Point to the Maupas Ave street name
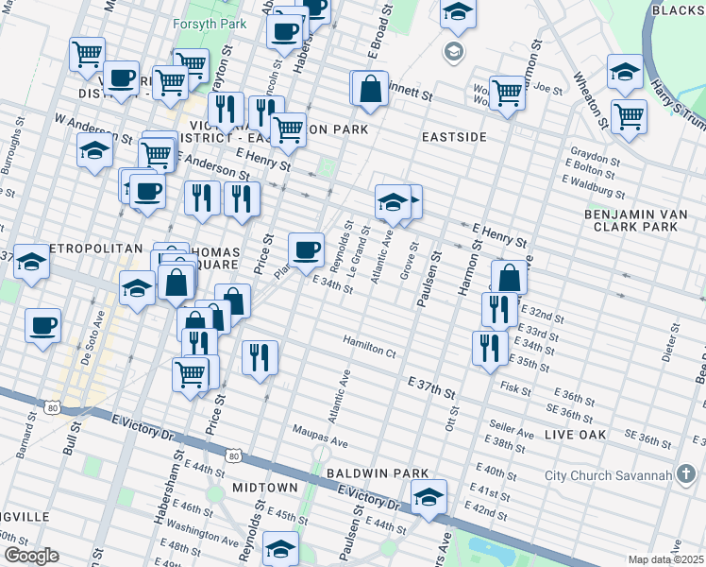320,442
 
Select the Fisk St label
516,387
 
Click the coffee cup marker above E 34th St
306,250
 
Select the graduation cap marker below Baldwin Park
429,496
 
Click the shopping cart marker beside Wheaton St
629,117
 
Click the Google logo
31,556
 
